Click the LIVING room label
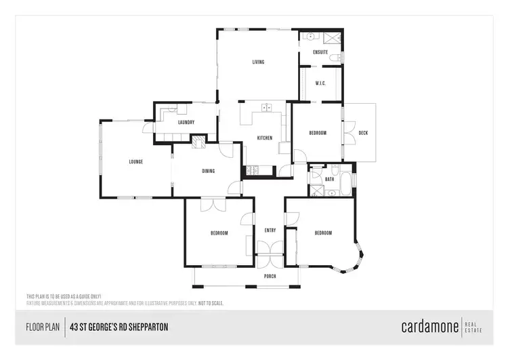point(258,62)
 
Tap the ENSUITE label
point(321,52)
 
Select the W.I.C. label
point(321,83)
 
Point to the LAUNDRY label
point(186,123)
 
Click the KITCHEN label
point(264,138)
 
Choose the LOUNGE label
point(136,161)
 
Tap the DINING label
point(208,171)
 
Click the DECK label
point(363,133)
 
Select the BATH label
point(329,179)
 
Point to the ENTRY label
point(270,231)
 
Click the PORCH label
point(270,277)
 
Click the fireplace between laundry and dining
point(198,142)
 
